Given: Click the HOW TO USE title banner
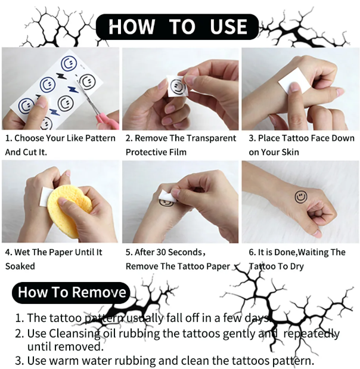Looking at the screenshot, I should pos(178,27).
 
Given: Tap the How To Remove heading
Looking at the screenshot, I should pos(72,292).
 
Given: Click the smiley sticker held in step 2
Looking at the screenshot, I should pos(177,86).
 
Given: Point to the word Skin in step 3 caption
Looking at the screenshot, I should pos(302,152).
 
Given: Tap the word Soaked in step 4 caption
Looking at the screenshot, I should pos(20,266).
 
